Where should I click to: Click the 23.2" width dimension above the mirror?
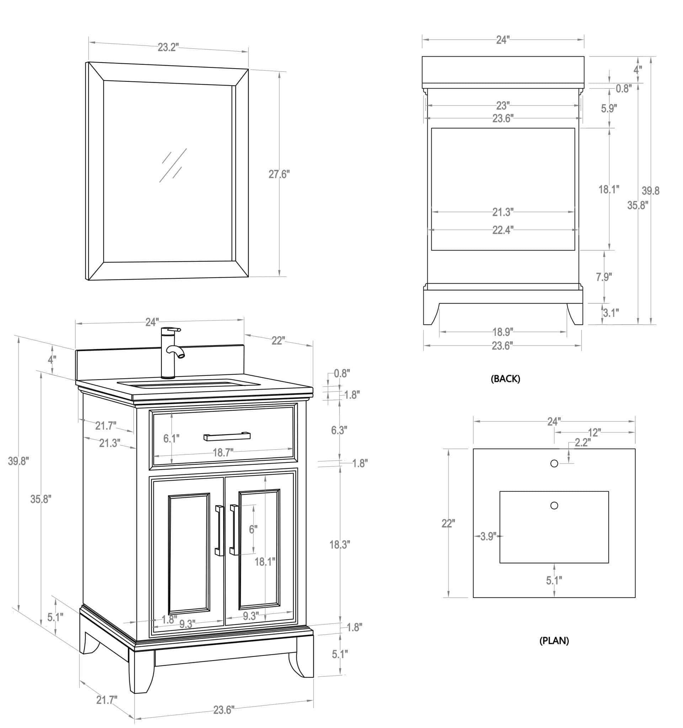[168, 48]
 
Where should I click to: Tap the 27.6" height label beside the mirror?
[279, 174]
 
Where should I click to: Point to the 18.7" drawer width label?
[223, 453]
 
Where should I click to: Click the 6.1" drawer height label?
[171, 438]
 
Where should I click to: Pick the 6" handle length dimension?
[253, 529]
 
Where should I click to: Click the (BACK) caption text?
[505, 379]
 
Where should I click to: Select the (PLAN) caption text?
[554, 641]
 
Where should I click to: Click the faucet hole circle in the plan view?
[554, 464]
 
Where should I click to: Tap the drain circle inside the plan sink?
[554, 505]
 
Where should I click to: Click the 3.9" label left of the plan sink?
[488, 536]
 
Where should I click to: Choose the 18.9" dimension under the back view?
[502, 332]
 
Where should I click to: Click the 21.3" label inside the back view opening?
[502, 212]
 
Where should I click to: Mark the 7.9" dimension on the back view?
[603, 277]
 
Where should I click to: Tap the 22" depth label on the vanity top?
[278, 341]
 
